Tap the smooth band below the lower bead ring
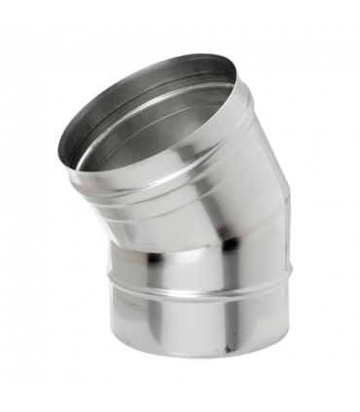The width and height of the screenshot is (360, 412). [x=195, y=336]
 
